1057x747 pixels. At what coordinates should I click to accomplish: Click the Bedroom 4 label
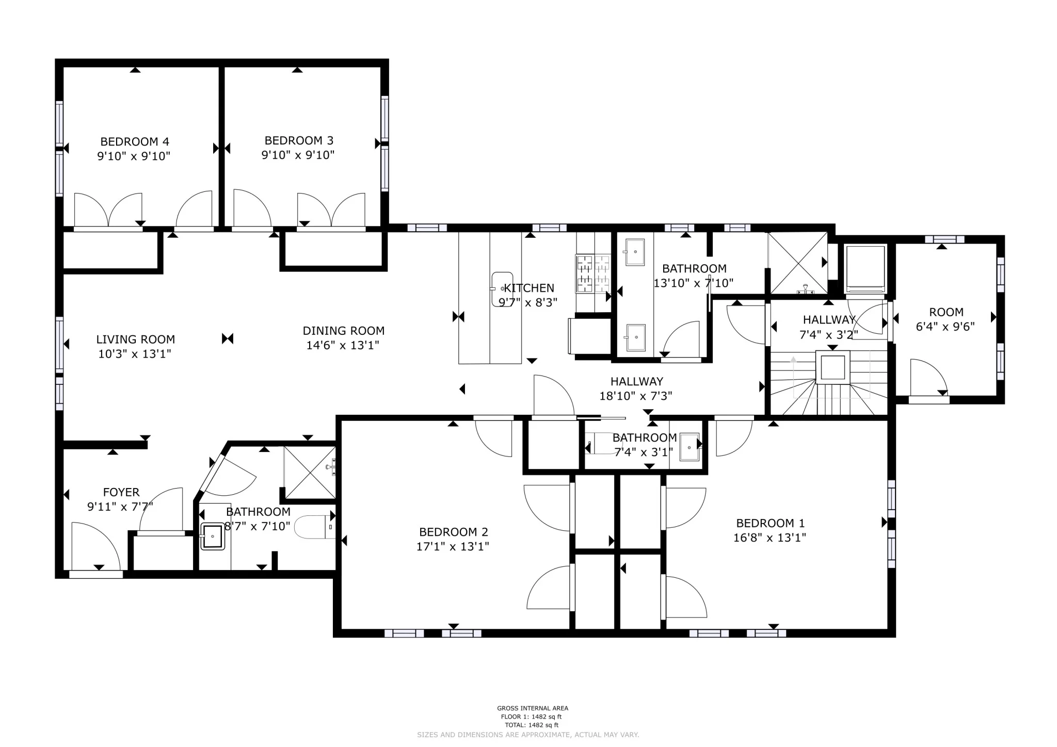135,141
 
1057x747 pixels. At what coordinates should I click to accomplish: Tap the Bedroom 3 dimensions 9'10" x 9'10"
298,155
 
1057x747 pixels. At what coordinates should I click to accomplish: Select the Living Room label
135,339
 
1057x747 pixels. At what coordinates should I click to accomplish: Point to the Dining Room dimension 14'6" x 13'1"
343,345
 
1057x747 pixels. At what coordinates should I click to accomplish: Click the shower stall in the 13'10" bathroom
798,263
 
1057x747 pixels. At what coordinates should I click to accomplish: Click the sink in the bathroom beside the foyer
212,537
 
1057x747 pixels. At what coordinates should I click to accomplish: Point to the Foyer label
121,492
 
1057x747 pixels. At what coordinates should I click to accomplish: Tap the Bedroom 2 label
453,532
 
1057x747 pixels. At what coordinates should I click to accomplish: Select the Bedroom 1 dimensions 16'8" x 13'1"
770,538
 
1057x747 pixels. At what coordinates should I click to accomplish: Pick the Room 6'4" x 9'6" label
946,312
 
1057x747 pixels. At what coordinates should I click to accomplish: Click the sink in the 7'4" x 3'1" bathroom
689,447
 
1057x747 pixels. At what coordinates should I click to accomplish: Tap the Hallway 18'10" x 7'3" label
636,382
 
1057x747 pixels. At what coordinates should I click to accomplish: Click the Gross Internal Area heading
532,708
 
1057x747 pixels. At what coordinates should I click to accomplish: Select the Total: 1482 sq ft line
532,725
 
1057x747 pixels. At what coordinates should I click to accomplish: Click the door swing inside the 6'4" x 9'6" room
927,377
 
